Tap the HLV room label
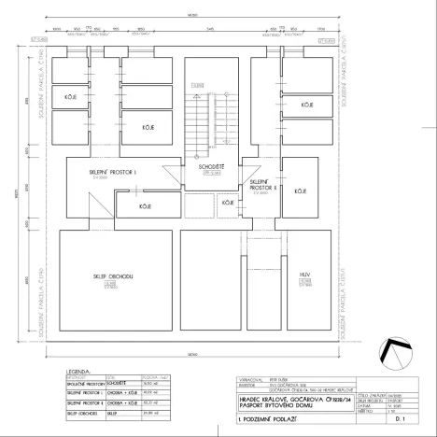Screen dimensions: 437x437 (x=303, y=275)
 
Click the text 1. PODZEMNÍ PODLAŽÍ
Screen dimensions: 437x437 (x=269, y=423)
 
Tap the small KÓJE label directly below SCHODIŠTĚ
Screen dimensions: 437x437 (x=227, y=202)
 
